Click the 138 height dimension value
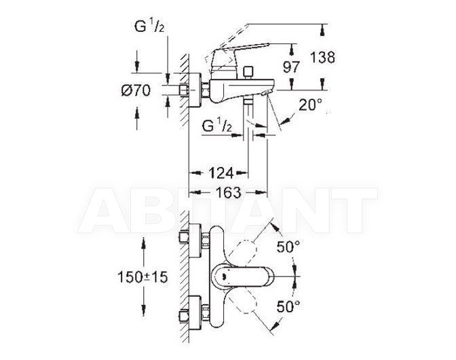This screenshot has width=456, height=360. [322, 57]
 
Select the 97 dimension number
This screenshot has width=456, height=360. [291, 67]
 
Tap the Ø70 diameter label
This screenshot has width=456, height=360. [136, 90]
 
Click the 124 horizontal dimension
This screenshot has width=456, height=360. [221, 173]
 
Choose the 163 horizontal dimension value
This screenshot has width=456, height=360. [229, 192]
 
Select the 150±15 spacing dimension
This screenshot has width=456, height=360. [142, 276]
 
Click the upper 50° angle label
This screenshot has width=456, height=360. [288, 247]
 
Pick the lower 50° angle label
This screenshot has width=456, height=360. [288, 306]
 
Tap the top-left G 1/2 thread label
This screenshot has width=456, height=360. [149, 26]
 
